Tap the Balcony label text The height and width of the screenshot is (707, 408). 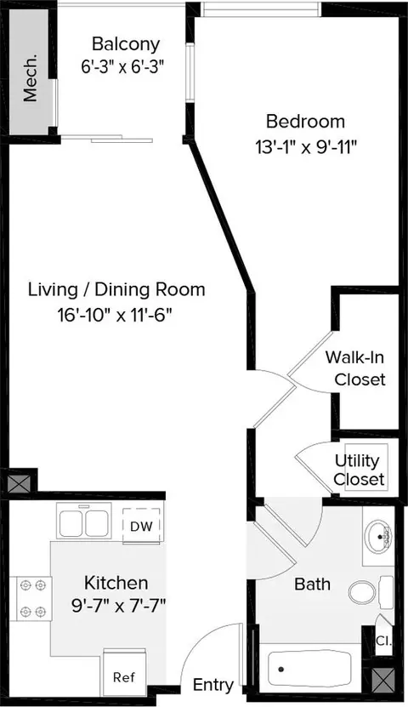click(x=126, y=44)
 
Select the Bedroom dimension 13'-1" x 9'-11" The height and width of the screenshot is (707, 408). click(x=306, y=147)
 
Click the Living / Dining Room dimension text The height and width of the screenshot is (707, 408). click(x=116, y=315)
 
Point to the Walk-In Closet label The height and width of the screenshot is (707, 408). click(x=356, y=368)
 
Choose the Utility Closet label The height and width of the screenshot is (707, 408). click(x=359, y=470)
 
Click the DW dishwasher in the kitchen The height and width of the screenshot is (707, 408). click(x=141, y=526)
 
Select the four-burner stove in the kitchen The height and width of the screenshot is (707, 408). click(x=31, y=598)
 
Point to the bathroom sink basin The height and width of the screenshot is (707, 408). click(x=378, y=537)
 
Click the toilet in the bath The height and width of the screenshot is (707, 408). click(x=370, y=592)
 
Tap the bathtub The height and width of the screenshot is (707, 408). click(x=309, y=669)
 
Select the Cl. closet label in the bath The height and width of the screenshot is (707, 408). click(x=383, y=641)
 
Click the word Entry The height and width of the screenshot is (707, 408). click(x=213, y=686)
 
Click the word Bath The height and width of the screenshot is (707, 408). click(x=312, y=584)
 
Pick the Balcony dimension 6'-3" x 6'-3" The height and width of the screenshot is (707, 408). click(x=122, y=67)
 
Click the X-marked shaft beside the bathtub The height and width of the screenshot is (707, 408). click(x=384, y=680)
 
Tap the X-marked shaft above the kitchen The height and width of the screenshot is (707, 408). click(x=20, y=483)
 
